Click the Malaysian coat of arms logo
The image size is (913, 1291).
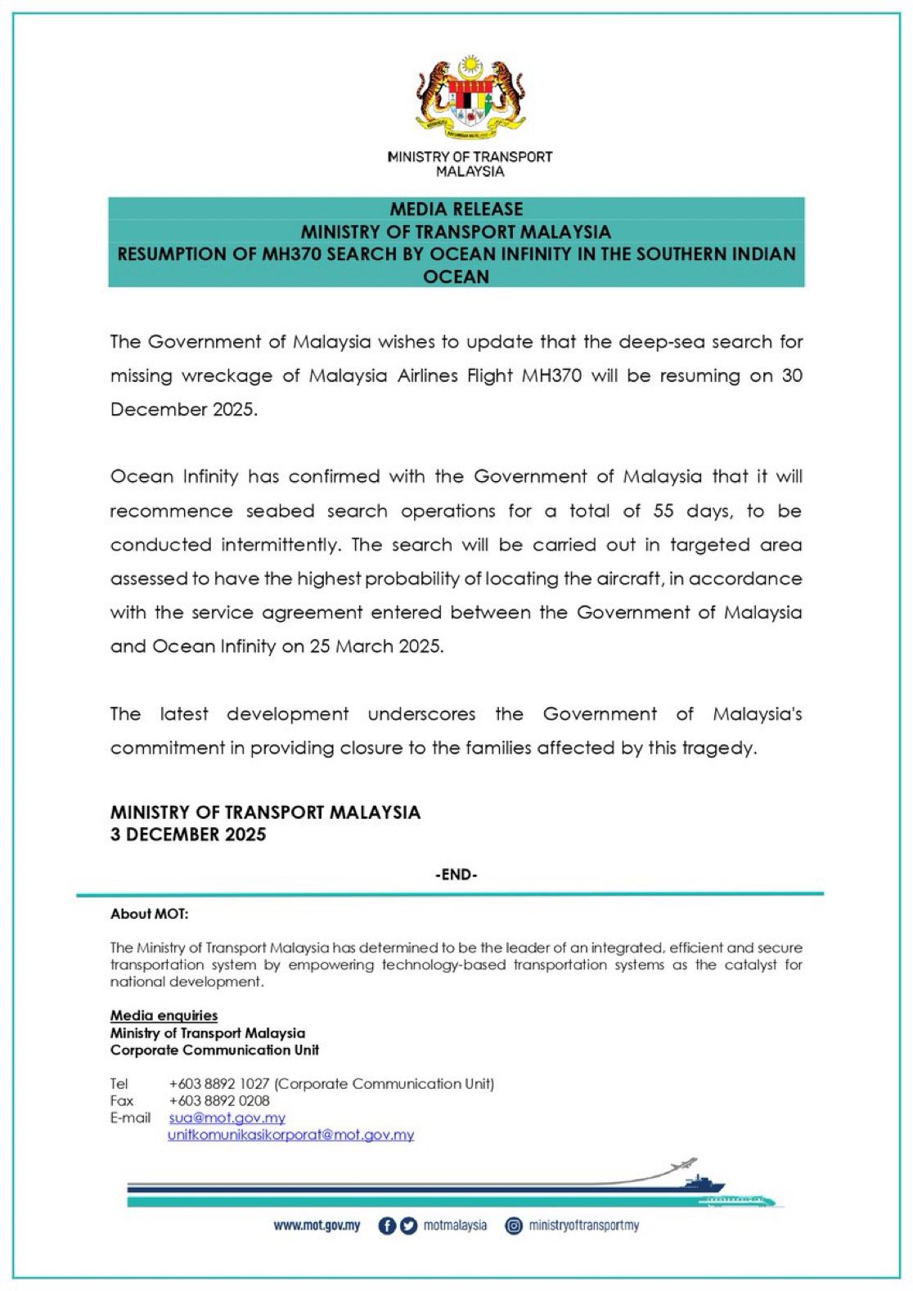pyautogui.click(x=470, y=97)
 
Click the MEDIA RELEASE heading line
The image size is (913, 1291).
pyautogui.click(x=456, y=209)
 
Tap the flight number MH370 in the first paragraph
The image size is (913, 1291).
pyautogui.click(x=551, y=376)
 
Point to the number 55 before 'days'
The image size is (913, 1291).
pyautogui.click(x=663, y=511)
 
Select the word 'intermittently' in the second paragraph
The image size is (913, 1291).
pyautogui.click(x=280, y=545)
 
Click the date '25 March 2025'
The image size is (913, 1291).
pyautogui.click(x=376, y=646)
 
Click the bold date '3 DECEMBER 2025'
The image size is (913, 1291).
pyautogui.click(x=188, y=834)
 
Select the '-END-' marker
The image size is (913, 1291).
pyautogui.click(x=456, y=875)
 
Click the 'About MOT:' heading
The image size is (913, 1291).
pyautogui.click(x=149, y=914)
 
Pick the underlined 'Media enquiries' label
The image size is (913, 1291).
pyautogui.click(x=164, y=1015)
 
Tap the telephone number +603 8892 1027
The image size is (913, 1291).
pyautogui.click(x=219, y=1084)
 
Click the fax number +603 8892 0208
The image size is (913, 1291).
pyautogui.click(x=219, y=1101)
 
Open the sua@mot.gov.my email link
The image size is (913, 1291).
pyautogui.click(x=227, y=1118)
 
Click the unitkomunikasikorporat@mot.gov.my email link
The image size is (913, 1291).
pyautogui.click(x=291, y=1135)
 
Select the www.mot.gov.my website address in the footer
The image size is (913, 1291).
pyautogui.click(x=317, y=1226)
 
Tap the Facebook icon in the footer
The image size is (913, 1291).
pyautogui.click(x=387, y=1226)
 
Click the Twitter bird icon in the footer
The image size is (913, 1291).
pyautogui.click(x=408, y=1226)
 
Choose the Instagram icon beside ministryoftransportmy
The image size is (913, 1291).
pyautogui.click(x=514, y=1226)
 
